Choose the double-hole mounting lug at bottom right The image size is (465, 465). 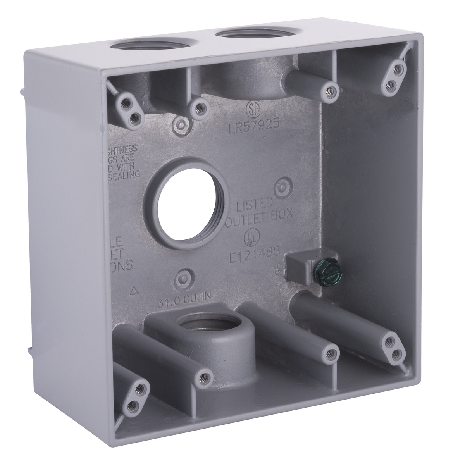(x=392, y=346)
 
